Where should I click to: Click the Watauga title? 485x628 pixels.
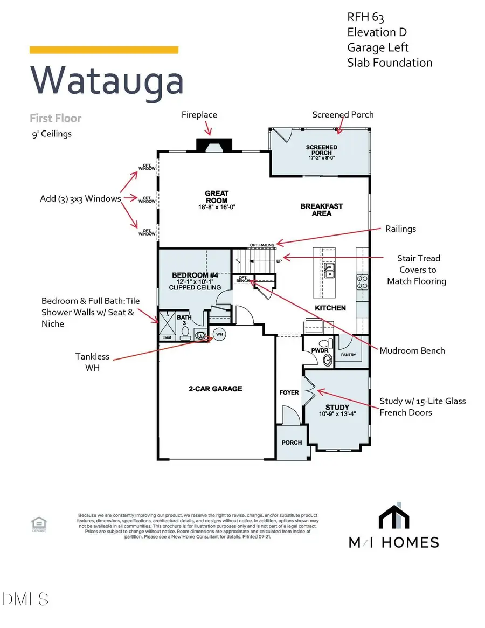(107, 80)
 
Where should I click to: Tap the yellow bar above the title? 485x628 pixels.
(103, 50)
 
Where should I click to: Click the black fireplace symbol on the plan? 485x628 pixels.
(214, 144)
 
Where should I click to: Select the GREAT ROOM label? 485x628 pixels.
(217, 197)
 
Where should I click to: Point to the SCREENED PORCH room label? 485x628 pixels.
(322, 150)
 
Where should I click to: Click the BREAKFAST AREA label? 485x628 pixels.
(322, 210)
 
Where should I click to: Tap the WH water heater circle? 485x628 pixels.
(219, 334)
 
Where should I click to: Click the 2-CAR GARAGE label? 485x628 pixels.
(216, 389)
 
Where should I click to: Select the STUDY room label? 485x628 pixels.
(337, 407)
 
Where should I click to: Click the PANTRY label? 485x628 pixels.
(349, 355)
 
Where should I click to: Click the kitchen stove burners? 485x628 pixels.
(361, 282)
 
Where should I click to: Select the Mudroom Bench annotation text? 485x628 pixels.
(412, 350)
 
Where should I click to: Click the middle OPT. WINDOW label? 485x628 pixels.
(147, 199)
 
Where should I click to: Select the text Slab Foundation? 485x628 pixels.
(389, 63)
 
